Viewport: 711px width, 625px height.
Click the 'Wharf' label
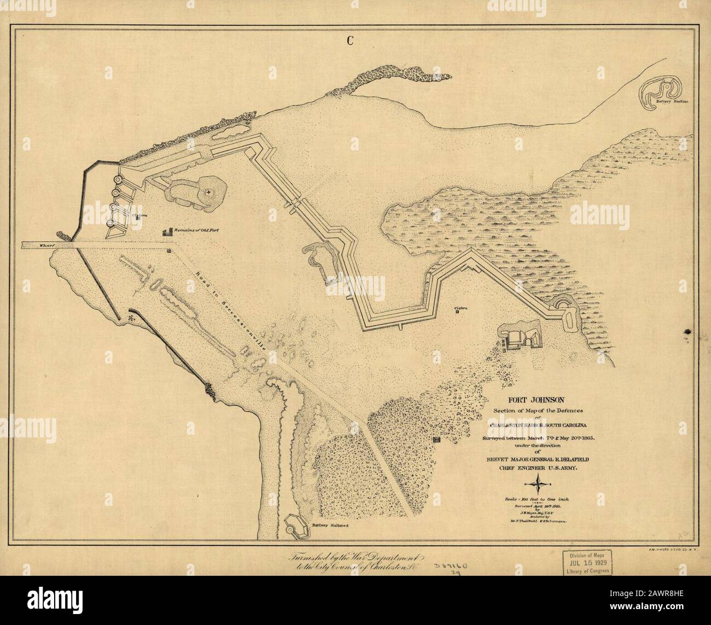pos(31,247)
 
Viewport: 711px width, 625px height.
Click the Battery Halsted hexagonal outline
pos(298,527)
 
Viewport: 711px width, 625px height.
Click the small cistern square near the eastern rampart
pos(457,313)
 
